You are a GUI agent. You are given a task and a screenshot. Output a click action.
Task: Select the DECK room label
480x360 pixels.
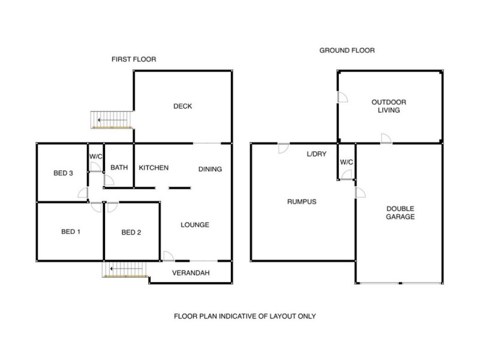click(x=182, y=107)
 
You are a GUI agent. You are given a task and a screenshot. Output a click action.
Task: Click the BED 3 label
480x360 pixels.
click(x=63, y=173)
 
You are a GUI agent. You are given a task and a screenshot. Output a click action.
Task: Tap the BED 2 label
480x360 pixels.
click(x=131, y=232)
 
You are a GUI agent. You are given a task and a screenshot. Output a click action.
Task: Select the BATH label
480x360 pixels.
click(x=119, y=168)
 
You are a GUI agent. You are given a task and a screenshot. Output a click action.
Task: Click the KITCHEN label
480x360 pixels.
click(x=154, y=168)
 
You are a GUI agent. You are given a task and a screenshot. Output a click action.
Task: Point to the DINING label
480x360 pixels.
click(x=210, y=169)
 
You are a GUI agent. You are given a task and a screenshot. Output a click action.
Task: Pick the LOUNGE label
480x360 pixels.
click(x=195, y=226)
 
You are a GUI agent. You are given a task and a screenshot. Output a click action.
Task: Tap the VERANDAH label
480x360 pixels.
click(x=190, y=273)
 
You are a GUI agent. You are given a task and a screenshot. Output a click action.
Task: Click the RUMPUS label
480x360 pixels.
click(x=302, y=202)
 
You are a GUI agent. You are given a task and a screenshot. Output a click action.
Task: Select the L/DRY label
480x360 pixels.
click(x=316, y=155)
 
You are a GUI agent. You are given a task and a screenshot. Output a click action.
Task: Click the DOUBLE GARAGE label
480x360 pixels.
click(x=400, y=212)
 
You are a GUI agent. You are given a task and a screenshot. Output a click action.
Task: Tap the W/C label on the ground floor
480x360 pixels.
click(x=346, y=162)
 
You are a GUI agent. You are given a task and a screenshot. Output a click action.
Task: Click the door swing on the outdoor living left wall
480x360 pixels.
click(x=343, y=98)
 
